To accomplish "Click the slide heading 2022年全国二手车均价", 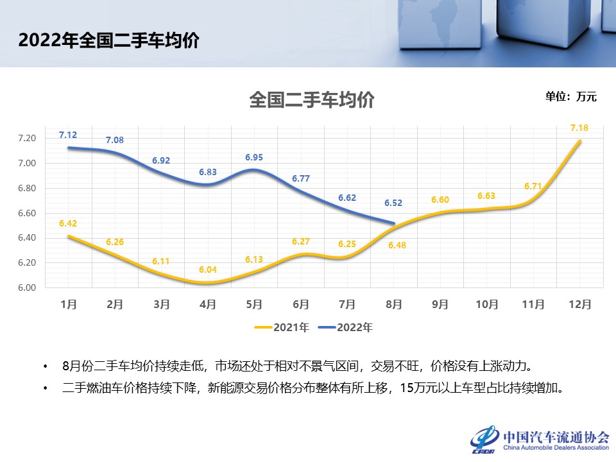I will [108, 40].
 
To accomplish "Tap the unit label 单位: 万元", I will [570, 97].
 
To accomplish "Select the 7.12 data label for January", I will [68, 135].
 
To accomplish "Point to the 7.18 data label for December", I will [579, 128].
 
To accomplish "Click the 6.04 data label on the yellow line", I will [208, 270].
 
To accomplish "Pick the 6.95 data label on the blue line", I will [254, 157].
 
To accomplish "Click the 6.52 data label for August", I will [393, 203].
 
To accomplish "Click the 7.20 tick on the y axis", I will [28, 138].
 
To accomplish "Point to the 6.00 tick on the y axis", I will [28, 287].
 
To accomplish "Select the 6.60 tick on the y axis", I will [28, 213].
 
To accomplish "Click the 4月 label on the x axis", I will [208, 305].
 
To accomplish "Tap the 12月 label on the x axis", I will [580, 305].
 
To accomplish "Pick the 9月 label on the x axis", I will [440, 305].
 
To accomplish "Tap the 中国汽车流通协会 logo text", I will [556, 436].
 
